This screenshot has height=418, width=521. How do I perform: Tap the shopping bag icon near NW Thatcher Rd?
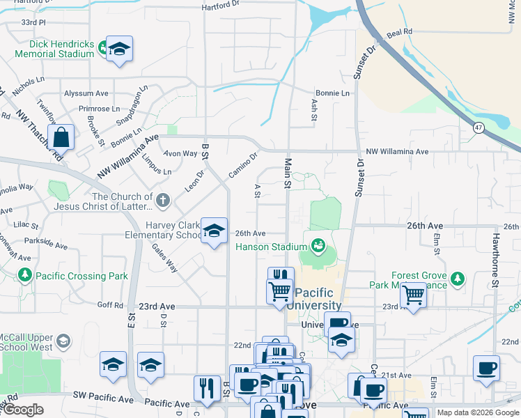[x=61, y=137]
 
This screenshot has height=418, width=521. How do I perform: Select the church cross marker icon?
[x=163, y=201]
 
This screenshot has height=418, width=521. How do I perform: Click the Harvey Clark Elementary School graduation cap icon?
[x=214, y=230]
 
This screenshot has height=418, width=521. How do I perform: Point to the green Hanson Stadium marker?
[x=318, y=246]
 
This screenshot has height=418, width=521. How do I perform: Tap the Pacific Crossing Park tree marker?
[x=25, y=276]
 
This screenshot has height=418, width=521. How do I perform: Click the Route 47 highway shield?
[x=478, y=127]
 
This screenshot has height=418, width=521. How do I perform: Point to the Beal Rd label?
[x=400, y=32]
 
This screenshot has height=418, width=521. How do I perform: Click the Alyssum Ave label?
[x=86, y=93]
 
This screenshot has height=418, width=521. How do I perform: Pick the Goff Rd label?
[x=110, y=305]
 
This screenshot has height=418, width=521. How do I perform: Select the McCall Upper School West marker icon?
[x=63, y=341]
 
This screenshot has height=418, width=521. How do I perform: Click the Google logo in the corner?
[x=24, y=410]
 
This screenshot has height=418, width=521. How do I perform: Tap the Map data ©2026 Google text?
[x=477, y=412]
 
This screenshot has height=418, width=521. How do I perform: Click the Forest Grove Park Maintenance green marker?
[x=457, y=279]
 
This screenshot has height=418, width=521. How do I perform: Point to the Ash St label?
[x=313, y=108]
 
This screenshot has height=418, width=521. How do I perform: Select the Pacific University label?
[x=317, y=299]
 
